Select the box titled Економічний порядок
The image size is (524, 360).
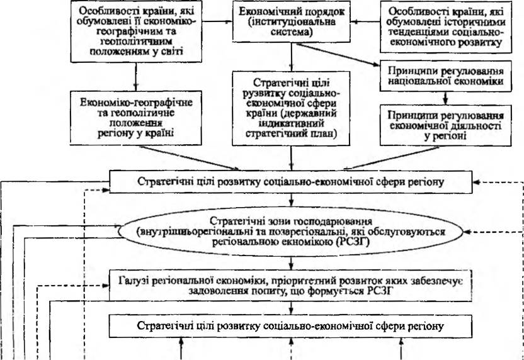[x=291, y=22]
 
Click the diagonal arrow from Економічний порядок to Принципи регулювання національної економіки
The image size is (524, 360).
[x=338, y=54]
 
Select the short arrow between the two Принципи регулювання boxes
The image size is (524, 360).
[x=445, y=98]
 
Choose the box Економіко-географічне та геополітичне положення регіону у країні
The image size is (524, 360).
[x=135, y=118]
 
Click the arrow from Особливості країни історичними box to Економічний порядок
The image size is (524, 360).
[x=365, y=22]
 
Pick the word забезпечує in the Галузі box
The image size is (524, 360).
[x=441, y=281]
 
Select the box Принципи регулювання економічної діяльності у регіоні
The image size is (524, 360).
[x=446, y=126]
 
